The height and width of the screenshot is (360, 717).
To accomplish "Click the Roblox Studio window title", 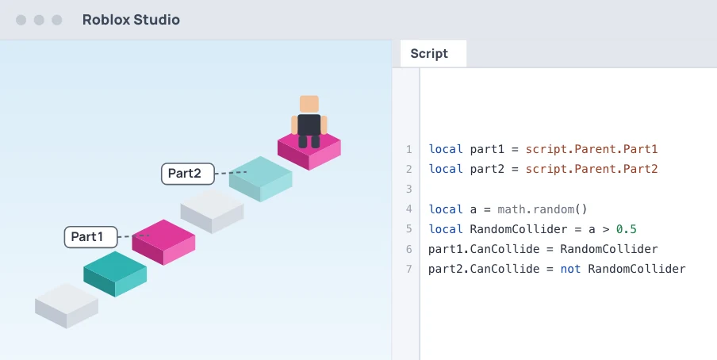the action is (131, 20).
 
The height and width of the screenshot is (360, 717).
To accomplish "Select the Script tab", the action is (429, 53).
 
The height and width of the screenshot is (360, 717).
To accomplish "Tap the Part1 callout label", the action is (90, 237).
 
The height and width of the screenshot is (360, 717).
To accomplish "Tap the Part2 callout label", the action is (187, 174).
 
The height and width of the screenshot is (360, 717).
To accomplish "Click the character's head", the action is (309, 105).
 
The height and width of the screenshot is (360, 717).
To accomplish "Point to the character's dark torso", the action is (309, 124).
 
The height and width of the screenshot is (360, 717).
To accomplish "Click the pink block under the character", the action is (309, 151).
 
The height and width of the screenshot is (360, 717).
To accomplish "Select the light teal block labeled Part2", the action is (261, 179).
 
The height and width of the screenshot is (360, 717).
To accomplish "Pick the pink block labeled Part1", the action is (163, 242).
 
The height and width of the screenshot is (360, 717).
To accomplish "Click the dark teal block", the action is (115, 274).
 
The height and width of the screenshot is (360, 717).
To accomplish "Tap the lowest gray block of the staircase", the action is (67, 305).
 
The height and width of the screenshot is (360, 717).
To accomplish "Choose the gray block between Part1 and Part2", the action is (212, 211).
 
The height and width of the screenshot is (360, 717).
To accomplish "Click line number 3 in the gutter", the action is (408, 189).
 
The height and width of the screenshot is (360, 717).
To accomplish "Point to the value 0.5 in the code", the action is (626, 229).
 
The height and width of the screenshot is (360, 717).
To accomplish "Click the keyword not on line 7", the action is (571, 269).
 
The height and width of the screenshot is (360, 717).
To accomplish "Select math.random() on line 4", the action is (543, 209).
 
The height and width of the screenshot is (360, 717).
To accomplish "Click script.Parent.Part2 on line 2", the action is (592, 169).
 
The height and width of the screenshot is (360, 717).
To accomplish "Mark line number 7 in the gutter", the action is (408, 269).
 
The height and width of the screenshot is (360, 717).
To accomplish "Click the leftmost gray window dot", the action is (21, 20).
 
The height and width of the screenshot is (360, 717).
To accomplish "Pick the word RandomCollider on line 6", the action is (609, 249).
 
